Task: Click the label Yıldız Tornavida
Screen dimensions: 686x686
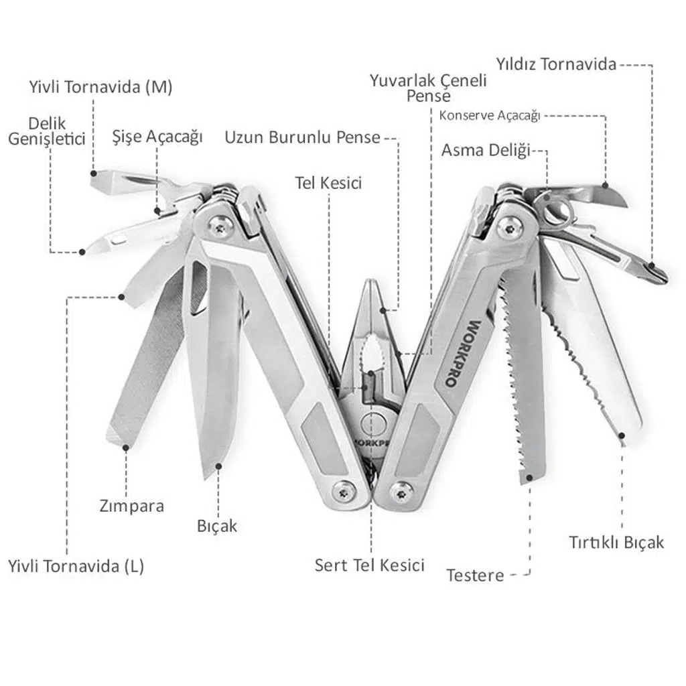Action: [555, 65]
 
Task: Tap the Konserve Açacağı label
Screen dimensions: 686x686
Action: [489, 115]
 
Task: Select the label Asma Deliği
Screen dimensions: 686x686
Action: [485, 150]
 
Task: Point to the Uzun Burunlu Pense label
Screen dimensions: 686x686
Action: [302, 138]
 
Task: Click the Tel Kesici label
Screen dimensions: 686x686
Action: [328, 182]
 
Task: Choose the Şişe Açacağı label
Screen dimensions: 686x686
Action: [157, 137]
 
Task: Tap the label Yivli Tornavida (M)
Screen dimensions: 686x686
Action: [100, 87]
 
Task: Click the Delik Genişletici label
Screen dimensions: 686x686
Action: [46, 131]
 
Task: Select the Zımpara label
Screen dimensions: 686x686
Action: [131, 505]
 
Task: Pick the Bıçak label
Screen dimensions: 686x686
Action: [217, 525]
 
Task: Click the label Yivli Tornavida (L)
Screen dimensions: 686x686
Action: [76, 566]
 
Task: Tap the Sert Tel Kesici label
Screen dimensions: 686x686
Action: [370, 565]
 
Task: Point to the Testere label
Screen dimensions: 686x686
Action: [475, 575]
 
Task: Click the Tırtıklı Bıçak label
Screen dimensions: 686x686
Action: [616, 541]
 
